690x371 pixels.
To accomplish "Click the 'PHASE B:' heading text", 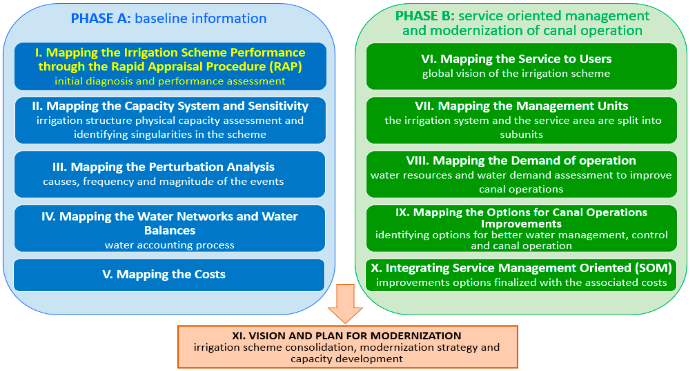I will (x=425, y=16).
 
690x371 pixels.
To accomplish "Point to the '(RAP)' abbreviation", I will (x=286, y=66).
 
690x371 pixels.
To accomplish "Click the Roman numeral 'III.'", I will (x=59, y=167).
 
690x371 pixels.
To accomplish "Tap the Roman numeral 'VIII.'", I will (x=417, y=161).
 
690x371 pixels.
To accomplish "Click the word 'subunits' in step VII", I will (x=521, y=134).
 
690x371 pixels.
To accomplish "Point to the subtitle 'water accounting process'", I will (x=170, y=245).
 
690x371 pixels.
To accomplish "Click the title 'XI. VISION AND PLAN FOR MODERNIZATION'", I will (x=347, y=336).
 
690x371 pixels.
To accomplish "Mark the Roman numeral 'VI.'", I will (x=429, y=59).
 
